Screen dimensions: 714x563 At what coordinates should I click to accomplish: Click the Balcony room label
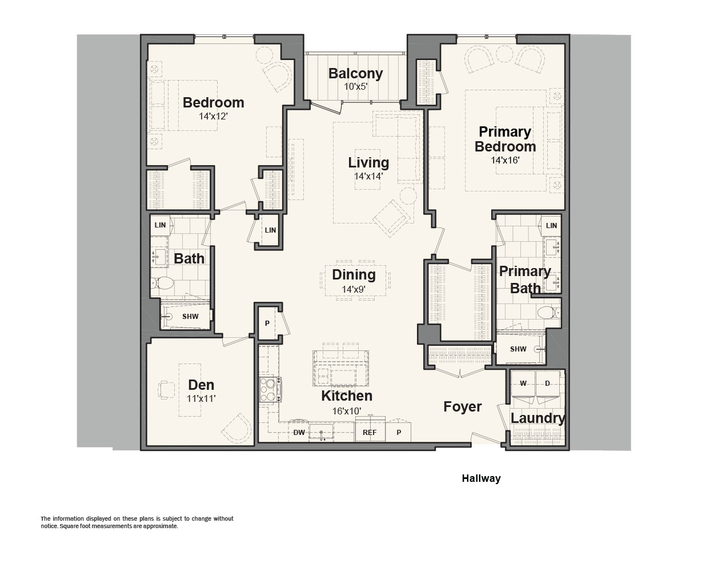355,73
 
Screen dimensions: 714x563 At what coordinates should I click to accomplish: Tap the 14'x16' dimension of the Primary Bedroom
505,160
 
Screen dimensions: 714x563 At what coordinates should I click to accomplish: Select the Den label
201,385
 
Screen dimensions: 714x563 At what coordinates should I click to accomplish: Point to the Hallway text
481,478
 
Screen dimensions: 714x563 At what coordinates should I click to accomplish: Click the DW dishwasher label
299,433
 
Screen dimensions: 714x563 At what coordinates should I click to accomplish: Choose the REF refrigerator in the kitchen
370,430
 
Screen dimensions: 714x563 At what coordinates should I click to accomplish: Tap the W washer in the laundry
523,386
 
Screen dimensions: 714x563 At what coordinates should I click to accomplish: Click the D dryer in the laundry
547,386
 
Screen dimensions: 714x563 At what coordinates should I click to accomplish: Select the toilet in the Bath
163,283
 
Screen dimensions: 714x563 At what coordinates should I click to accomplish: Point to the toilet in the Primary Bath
548,313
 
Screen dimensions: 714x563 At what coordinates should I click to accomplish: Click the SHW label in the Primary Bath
518,349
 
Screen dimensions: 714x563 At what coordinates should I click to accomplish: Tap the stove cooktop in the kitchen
270,389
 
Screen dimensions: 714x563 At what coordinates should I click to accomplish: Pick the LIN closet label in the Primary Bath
551,226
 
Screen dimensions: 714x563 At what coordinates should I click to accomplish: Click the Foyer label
463,407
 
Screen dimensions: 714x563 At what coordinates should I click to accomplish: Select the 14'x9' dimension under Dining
354,289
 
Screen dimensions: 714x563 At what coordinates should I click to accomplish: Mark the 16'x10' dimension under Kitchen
346,412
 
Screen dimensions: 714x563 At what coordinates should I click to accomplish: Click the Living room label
368,162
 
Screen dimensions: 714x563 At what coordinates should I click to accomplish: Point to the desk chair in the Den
166,390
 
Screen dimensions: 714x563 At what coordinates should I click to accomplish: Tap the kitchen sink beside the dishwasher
321,432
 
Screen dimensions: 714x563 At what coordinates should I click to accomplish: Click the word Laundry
537,418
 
